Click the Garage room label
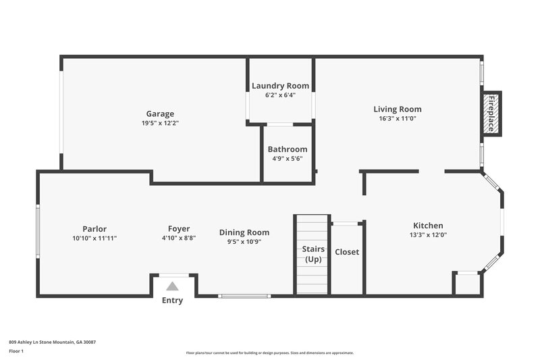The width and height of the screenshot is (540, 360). click(160, 113)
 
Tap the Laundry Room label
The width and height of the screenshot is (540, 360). click(280, 86)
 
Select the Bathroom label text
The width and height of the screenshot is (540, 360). click(287, 149)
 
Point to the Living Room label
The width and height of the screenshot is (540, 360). click(398, 109)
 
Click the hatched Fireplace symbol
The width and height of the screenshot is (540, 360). click(491, 113)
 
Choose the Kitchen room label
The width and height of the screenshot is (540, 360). click(428, 226)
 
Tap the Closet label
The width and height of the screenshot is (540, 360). click(347, 252)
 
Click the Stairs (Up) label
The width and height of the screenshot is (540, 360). click(313, 253)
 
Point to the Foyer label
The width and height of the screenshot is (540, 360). click(179, 229)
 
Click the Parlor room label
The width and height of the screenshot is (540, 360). click(94, 229)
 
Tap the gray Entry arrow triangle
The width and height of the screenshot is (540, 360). click(173, 286)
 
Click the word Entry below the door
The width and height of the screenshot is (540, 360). click(172, 301)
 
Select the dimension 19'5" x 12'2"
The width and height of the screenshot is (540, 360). click(160, 124)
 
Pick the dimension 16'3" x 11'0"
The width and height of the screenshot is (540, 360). click(398, 118)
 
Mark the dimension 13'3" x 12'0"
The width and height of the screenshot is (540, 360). click(428, 235)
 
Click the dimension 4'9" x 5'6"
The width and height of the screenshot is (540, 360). click(287, 159)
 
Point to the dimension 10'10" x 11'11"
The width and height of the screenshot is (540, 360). click(94, 238)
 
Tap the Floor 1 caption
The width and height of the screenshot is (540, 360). click(16, 352)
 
